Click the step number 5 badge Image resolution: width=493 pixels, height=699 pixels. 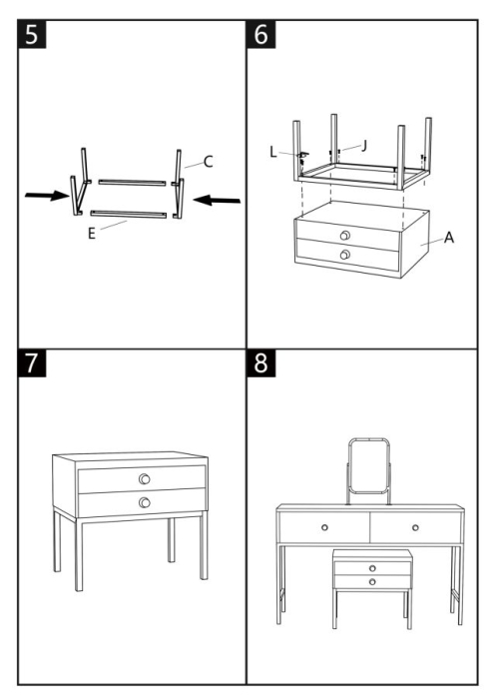(x=33, y=36)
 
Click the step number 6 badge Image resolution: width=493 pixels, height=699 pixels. (x=261, y=36)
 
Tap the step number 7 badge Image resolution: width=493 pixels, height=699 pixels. (x=33, y=364)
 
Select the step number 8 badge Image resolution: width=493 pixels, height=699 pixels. (x=261, y=364)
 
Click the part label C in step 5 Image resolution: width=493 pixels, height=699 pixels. (x=208, y=161)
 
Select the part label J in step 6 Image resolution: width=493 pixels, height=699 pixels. (x=364, y=145)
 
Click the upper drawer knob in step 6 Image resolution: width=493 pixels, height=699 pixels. (x=345, y=236)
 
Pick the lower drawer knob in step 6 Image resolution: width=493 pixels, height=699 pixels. (x=345, y=256)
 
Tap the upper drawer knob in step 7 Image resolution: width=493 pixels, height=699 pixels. (x=145, y=478)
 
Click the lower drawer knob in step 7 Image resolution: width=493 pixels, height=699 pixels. (x=145, y=502)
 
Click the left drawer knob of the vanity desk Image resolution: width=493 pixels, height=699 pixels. (x=324, y=526)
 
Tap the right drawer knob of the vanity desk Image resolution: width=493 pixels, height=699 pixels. (x=415, y=526)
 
